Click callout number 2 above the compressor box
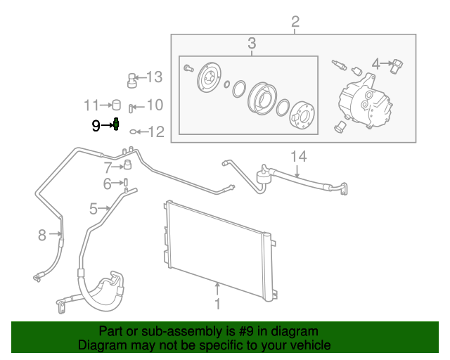pos(295,20)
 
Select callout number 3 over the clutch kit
pos(252,45)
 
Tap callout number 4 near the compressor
pos(376,65)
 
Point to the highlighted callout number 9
pos(96,126)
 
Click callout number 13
pos(154,77)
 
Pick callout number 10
pos(154,105)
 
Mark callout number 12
pos(155,131)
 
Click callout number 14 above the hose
pos(299,156)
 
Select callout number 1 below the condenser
pos(217,304)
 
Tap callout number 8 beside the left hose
pos(42,235)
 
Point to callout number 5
pos(94,208)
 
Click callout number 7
pos(108,167)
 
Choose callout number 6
pos(108,184)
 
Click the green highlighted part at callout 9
pos(117,126)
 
